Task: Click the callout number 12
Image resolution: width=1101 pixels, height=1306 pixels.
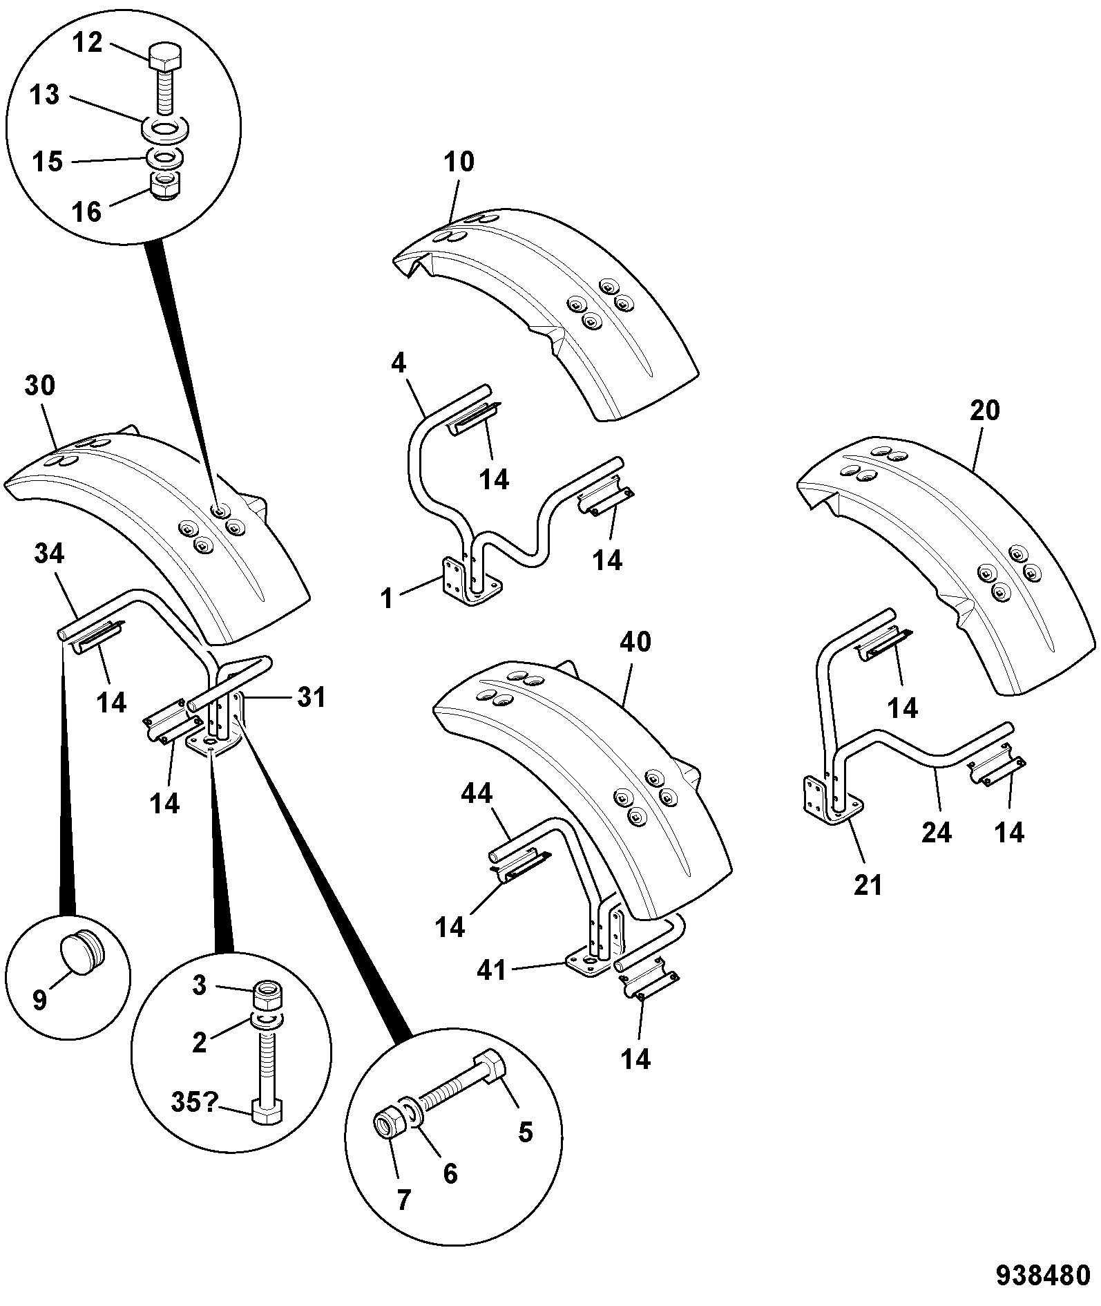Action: tap(88, 43)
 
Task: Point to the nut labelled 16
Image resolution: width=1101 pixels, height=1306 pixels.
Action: tap(166, 187)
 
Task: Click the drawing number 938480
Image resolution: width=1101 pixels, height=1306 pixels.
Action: tap(1042, 1275)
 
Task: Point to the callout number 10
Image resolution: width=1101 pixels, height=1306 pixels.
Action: tap(459, 162)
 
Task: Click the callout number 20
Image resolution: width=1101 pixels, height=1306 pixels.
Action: tap(984, 410)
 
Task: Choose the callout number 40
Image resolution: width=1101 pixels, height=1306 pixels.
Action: tap(635, 642)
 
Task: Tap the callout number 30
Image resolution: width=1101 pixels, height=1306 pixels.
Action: tap(39, 386)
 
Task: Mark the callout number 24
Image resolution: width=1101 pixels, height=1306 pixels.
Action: tap(936, 833)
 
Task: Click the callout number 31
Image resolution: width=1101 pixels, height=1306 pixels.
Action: tap(310, 697)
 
